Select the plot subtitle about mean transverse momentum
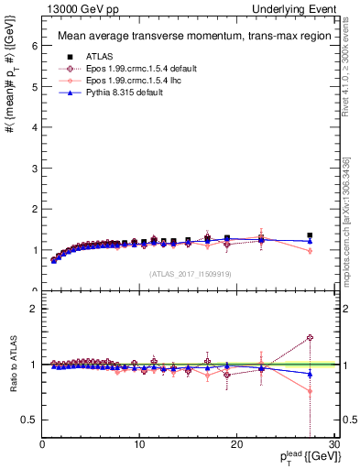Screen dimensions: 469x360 point(184,37)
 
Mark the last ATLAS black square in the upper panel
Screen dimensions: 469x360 point(310,235)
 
